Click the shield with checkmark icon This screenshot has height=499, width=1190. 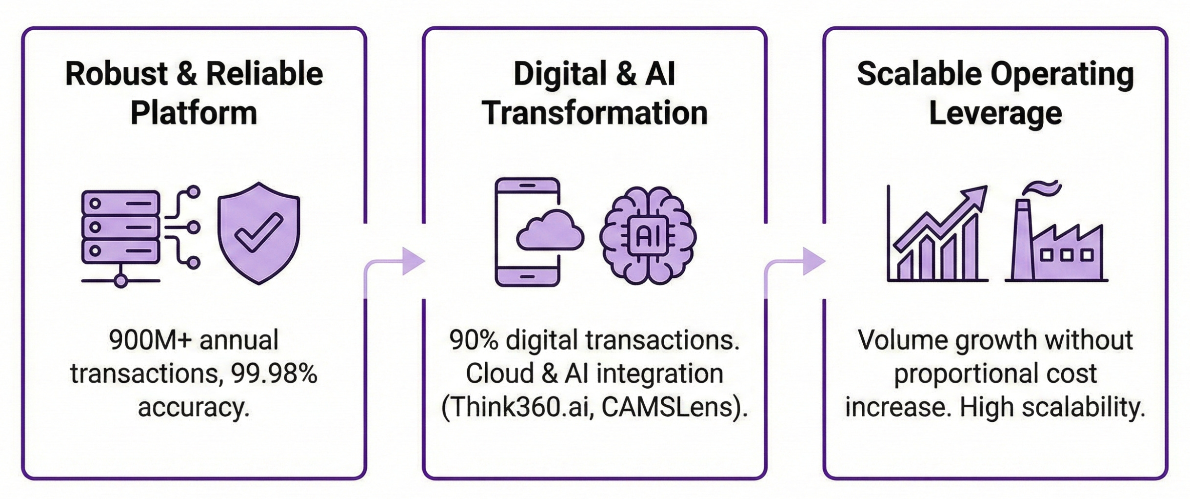click(258, 233)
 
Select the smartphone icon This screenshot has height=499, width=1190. click(528, 232)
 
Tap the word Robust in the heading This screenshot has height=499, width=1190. click(117, 74)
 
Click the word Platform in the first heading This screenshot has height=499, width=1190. click(194, 113)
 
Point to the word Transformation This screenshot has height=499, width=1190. click(595, 113)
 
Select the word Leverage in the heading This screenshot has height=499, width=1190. click(995, 113)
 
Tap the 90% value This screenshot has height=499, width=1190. click(474, 340)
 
